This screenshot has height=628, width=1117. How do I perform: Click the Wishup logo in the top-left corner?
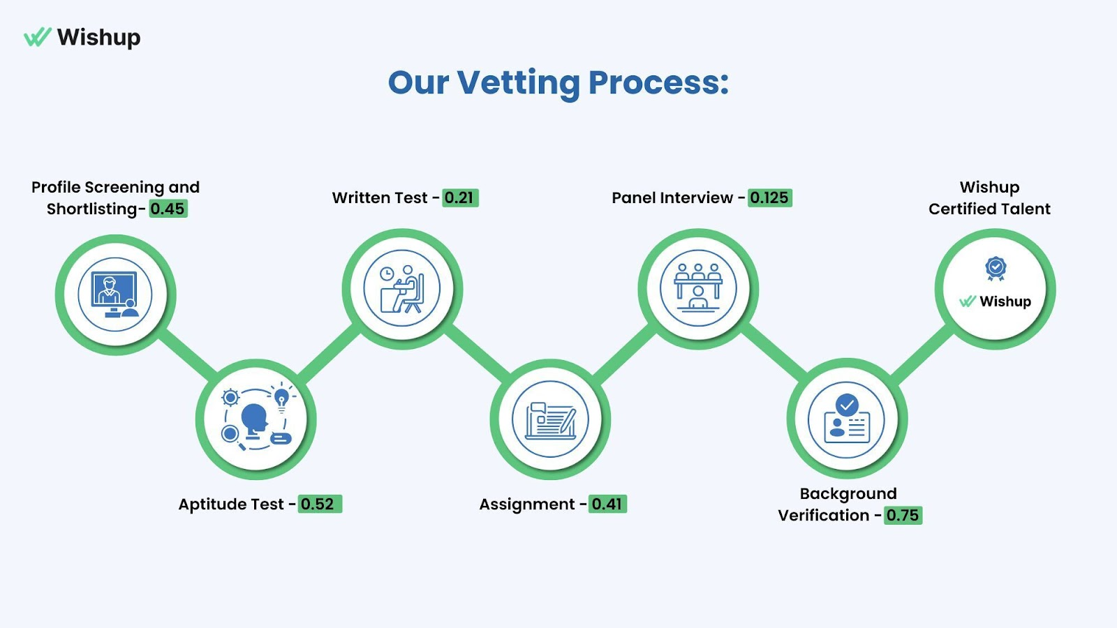82,37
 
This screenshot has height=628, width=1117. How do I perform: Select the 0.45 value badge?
168,209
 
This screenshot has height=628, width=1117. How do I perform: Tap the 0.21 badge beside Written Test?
459,197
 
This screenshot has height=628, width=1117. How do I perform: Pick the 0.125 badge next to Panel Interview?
769,197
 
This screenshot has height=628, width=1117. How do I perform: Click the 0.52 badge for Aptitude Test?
318,504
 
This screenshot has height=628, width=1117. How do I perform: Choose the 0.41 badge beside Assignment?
607,504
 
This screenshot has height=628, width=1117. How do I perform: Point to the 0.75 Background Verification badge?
903,515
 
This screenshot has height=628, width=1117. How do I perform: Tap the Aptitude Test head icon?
256,419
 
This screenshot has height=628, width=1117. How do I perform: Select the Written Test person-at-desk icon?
402,288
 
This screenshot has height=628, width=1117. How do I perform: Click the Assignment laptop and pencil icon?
551,419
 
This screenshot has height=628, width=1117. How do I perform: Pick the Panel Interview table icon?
698,288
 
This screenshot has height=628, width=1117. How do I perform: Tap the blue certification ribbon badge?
996,268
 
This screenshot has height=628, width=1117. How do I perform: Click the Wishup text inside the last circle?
1005,301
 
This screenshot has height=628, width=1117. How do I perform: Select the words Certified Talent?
989,209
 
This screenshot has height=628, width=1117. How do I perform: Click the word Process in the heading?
658,82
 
